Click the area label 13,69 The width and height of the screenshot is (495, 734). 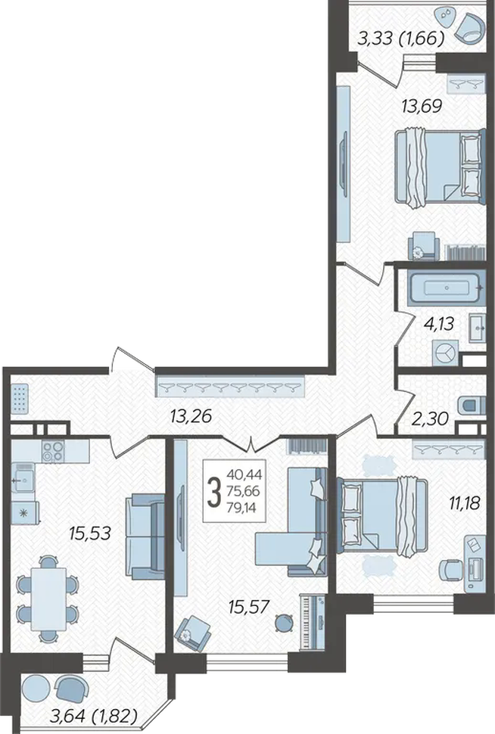point(422,106)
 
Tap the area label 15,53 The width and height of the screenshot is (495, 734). point(89,533)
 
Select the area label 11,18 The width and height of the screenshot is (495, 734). point(465,504)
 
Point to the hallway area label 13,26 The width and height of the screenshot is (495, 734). point(191,415)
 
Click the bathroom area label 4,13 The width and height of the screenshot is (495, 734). point(439,323)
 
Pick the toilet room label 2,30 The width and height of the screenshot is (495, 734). point(431,418)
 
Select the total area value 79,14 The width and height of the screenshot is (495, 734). point(241,508)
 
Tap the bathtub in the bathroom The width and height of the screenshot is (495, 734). point(446,288)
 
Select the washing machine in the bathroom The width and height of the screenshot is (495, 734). point(445,353)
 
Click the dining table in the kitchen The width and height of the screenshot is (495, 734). point(48,599)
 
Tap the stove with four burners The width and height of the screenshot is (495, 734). point(52,451)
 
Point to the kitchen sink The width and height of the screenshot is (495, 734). point(23,478)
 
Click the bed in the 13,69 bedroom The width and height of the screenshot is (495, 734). point(438,169)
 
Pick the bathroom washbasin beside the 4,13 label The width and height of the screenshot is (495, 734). point(478,327)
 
